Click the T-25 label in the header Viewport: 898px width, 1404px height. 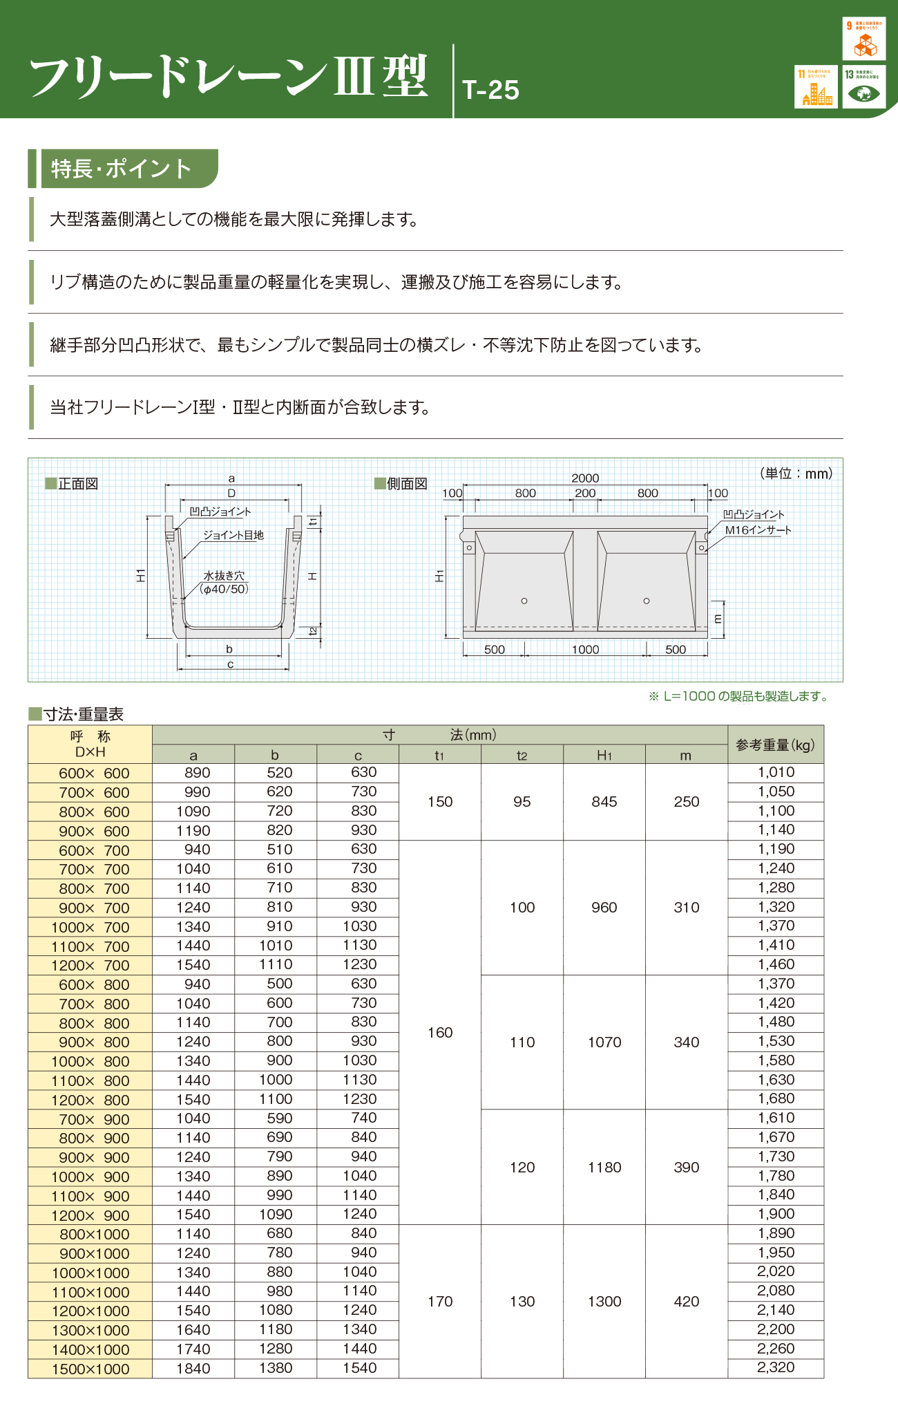click(490, 90)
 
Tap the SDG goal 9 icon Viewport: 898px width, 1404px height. click(863, 39)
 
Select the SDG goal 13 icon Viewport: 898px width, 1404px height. click(863, 86)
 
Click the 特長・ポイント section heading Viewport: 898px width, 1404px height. click(122, 169)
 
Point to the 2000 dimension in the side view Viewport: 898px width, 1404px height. click(585, 478)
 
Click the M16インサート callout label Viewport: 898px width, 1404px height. click(758, 530)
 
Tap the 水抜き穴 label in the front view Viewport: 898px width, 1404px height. click(224, 575)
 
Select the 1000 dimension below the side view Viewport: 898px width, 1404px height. click(585, 649)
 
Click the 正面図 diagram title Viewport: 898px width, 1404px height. click(77, 484)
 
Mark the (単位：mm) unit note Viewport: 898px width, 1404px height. click(796, 474)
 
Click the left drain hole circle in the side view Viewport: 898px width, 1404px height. click(524, 601)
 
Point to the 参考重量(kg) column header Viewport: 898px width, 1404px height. click(775, 745)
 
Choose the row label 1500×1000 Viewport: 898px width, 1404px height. click(90, 1369)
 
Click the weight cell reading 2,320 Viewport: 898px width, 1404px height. click(776, 1367)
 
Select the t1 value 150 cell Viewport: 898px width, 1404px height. click(440, 802)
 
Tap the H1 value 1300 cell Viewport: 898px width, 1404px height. click(604, 1302)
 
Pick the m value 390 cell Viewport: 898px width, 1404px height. click(687, 1168)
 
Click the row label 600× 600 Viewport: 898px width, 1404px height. click(94, 774)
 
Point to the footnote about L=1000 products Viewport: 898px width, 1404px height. click(738, 696)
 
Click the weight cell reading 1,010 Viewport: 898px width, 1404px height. click(776, 772)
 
